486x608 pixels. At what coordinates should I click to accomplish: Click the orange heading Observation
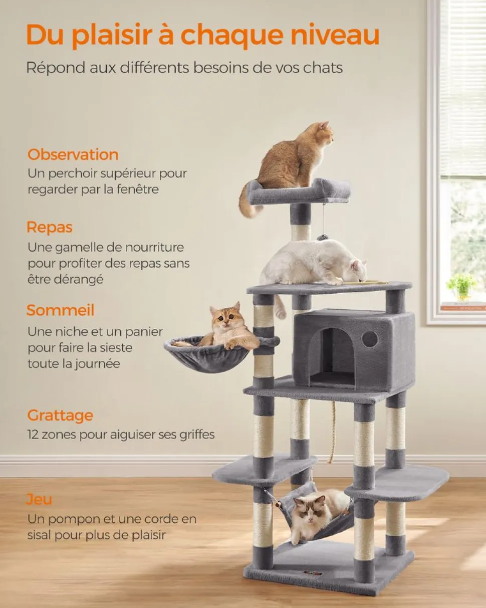pos(73,154)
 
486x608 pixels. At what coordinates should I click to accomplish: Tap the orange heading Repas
pos(50,228)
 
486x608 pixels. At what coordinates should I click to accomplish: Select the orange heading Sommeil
pos(61,310)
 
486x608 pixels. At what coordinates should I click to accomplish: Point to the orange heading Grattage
pos(60,416)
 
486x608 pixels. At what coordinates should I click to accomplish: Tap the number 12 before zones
pos(33,435)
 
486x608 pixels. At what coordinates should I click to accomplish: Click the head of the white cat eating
pos(358,270)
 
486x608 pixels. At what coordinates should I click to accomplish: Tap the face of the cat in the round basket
pos(225,316)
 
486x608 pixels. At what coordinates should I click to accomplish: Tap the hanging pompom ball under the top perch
pos(322,237)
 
